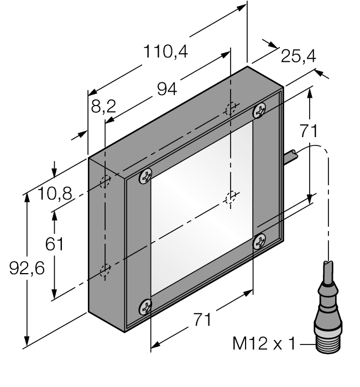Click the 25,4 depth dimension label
(x=298, y=56)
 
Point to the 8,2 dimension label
(x=103, y=106)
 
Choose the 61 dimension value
(x=54, y=244)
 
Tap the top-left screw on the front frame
(x=145, y=176)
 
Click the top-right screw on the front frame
(x=259, y=111)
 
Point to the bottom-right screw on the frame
(x=259, y=240)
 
